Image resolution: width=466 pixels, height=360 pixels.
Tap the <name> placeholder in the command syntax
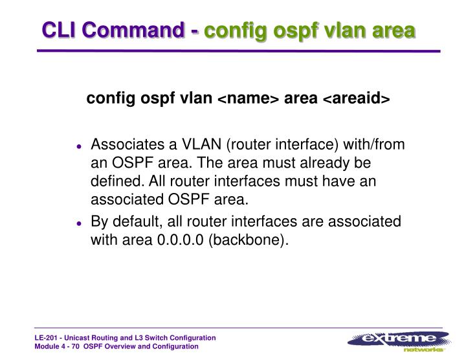coord(247,98)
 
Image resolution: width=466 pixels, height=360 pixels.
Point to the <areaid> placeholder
coord(357,98)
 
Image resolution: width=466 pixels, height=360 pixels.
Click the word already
coord(316,163)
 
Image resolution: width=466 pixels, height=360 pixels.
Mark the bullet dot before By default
coord(78,223)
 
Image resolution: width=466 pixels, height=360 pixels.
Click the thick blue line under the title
coord(233,51)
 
